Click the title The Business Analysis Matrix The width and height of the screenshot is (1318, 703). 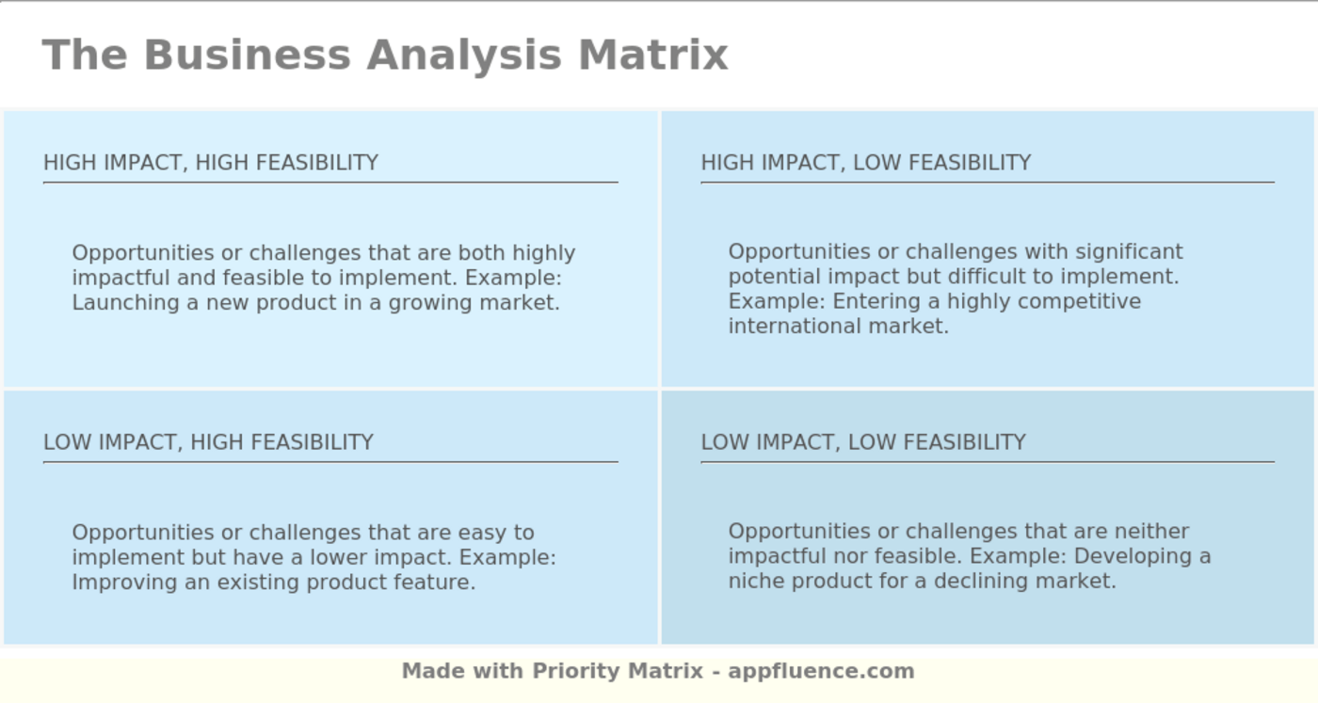coord(385,55)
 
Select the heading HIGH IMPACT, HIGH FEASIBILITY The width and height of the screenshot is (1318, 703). coord(211,163)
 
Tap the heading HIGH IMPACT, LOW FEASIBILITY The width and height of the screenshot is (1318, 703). coord(866,163)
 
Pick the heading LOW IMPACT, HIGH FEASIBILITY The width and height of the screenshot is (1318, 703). coord(208,442)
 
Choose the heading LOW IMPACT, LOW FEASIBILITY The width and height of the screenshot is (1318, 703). coord(863,442)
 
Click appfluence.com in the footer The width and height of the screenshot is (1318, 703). coord(821,671)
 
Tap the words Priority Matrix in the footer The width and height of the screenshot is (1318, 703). coord(618,671)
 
